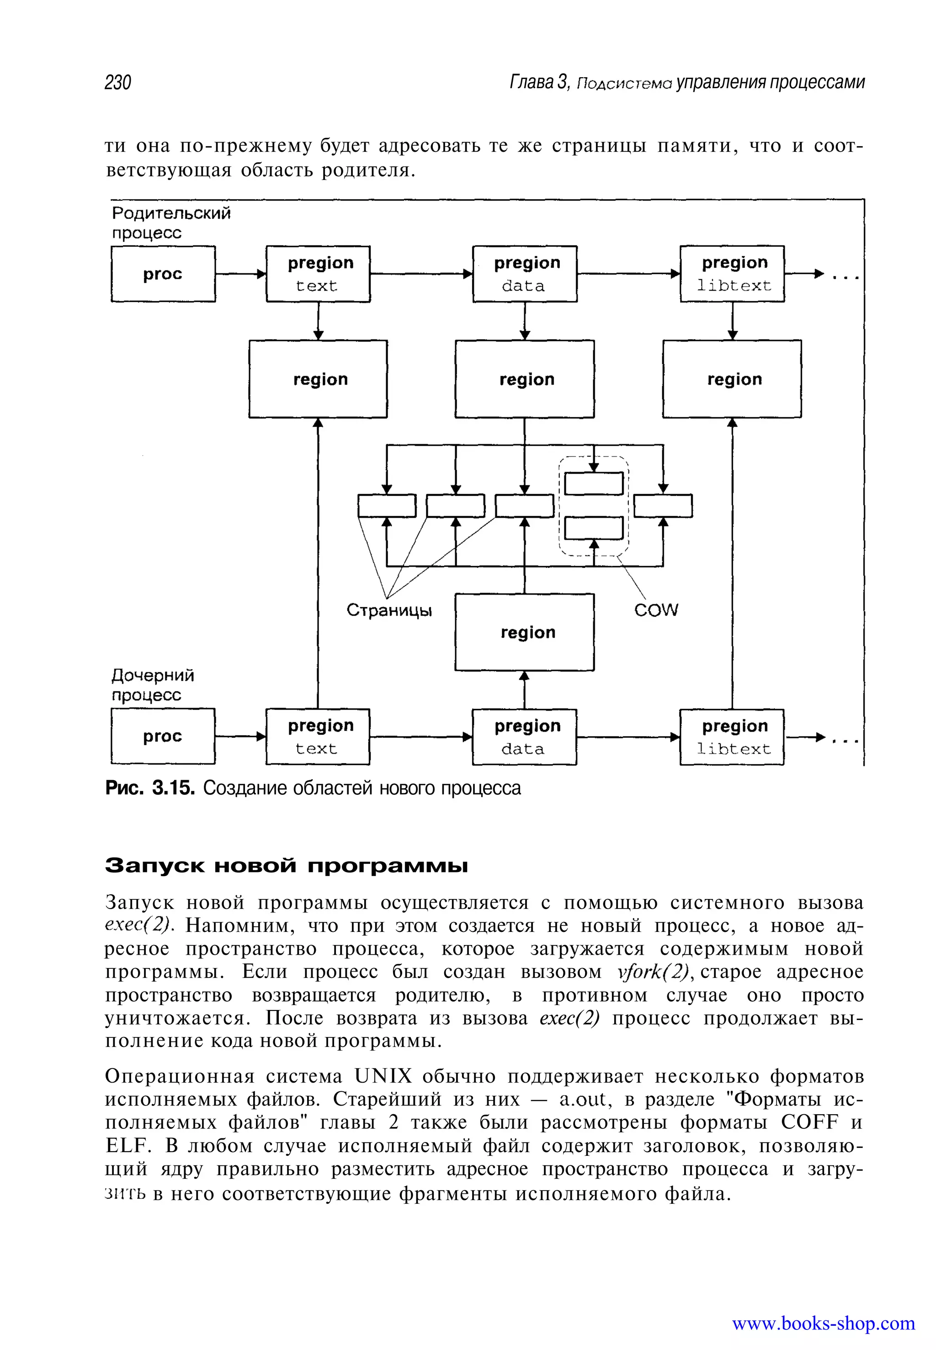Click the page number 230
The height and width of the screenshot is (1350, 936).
[x=118, y=83]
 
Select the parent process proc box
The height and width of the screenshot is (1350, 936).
[x=163, y=274]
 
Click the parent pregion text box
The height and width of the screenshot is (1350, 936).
[x=319, y=274]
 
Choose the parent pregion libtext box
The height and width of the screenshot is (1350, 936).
[x=733, y=274]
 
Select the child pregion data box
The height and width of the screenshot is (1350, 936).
[x=525, y=737]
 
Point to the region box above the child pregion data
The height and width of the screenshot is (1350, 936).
[x=525, y=632]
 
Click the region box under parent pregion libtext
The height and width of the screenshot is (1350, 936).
[x=733, y=379]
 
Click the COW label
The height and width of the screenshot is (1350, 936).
[x=656, y=611]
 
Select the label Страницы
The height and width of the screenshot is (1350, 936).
[x=389, y=611]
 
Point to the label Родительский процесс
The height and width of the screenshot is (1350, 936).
[x=171, y=223]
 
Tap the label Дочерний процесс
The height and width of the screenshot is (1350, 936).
[x=153, y=685]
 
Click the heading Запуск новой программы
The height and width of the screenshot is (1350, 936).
[x=287, y=866]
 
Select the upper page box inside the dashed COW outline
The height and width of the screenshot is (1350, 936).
[x=594, y=483]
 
